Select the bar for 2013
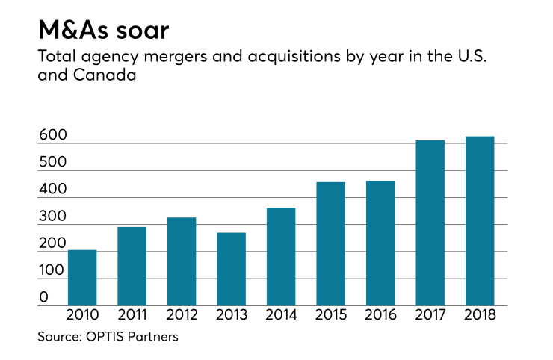point(231,269)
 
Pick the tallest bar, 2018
point(479,221)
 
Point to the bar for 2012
point(182,261)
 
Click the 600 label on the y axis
point(53,136)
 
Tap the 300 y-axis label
point(53,217)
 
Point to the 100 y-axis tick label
point(53,270)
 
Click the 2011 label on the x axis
point(132,316)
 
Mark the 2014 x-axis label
point(281,316)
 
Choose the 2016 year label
point(380,316)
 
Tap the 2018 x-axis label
point(479,316)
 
